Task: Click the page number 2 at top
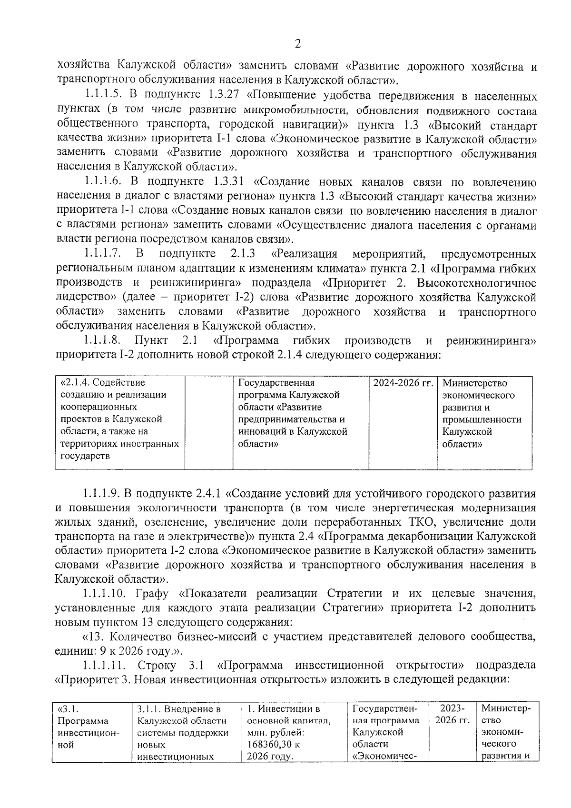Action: (x=298, y=44)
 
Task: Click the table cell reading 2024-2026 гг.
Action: (x=403, y=383)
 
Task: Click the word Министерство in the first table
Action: (x=474, y=383)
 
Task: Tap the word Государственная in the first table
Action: (x=276, y=383)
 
